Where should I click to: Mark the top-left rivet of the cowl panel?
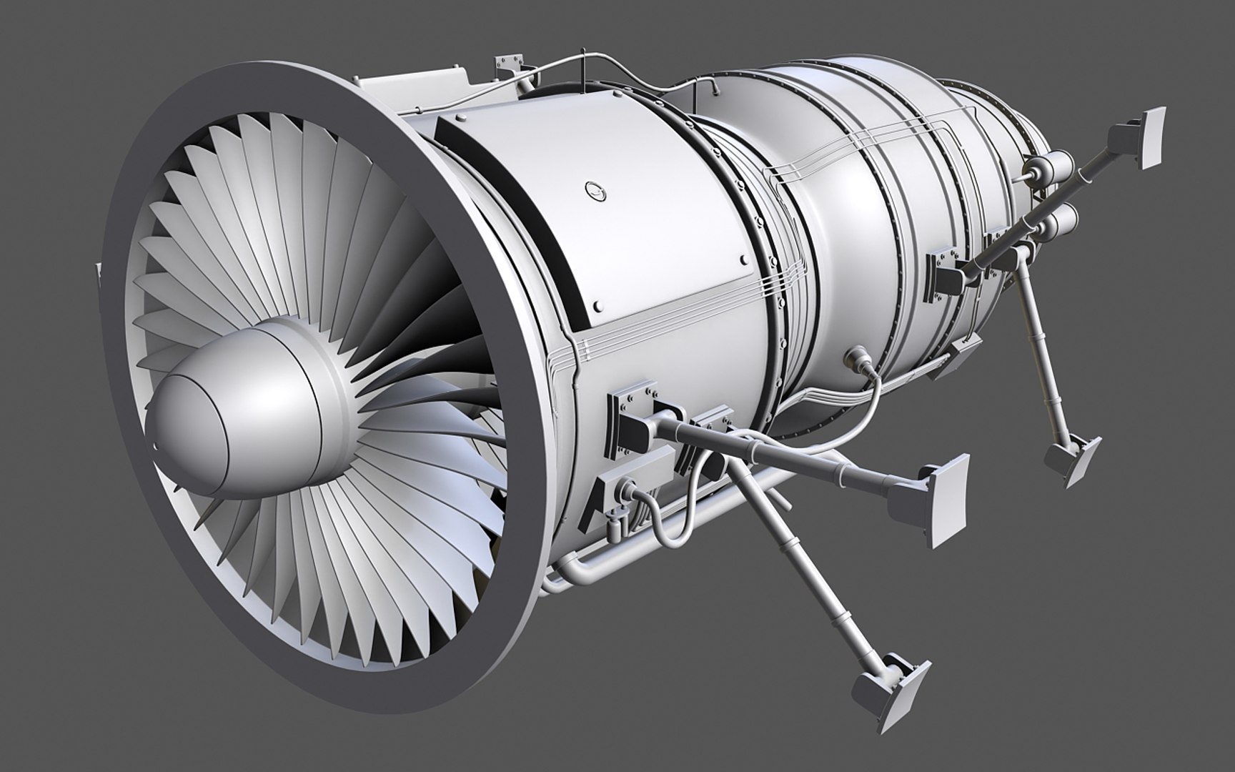point(461,115)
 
